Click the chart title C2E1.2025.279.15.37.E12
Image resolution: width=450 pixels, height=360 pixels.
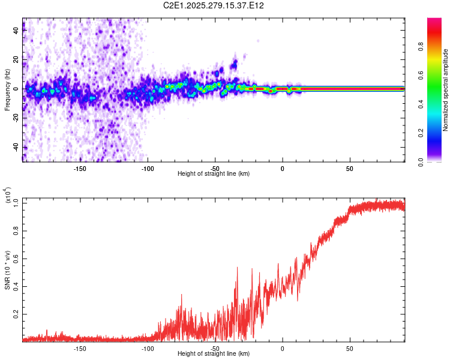pyautogui.click(x=214, y=5)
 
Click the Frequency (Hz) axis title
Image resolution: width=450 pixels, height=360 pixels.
pyautogui.click(x=7, y=90)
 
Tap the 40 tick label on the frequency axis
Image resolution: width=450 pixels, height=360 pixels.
pyautogui.click(x=16, y=31)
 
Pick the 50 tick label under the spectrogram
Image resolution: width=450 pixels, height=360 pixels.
pyautogui.click(x=349, y=169)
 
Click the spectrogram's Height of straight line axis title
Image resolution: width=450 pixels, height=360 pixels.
pyautogui.click(x=214, y=175)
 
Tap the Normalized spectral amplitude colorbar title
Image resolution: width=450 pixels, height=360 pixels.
pyautogui.click(x=446, y=90)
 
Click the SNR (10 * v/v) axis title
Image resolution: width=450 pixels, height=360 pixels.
pyautogui.click(x=7, y=267)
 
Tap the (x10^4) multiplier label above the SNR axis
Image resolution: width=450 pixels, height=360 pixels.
pyautogui.click(x=8, y=196)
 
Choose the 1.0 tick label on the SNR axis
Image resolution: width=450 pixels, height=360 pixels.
pyautogui.click(x=16, y=203)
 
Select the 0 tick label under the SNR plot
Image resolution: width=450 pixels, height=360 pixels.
pyautogui.click(x=282, y=348)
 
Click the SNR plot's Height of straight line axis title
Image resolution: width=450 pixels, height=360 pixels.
pyautogui.click(x=214, y=354)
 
